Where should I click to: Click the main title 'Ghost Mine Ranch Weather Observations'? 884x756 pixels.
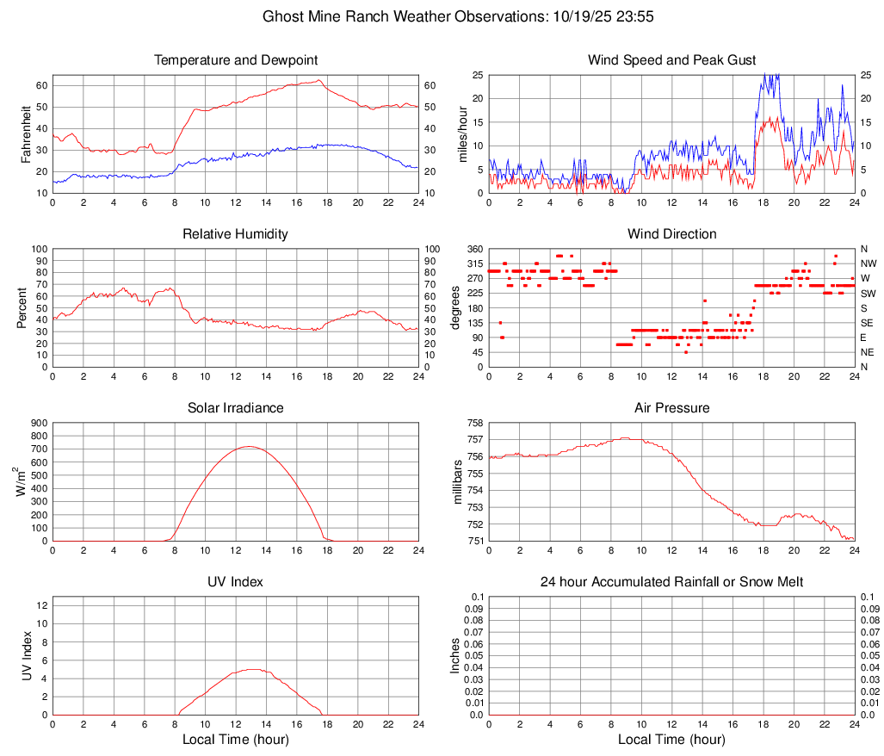[x=442, y=16]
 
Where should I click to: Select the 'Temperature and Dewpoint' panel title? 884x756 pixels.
[x=236, y=60]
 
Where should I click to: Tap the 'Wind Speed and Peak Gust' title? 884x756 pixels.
[x=671, y=60]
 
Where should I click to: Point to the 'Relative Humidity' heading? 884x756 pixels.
[x=236, y=234]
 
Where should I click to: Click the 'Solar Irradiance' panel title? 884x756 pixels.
[x=236, y=408]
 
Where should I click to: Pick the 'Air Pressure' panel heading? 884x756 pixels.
[x=671, y=408]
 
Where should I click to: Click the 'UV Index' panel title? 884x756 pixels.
[x=236, y=582]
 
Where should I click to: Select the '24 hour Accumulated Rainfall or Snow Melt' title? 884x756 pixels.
[x=671, y=582]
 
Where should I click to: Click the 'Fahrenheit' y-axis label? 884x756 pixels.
[x=26, y=133]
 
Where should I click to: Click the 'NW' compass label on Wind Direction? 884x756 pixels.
[x=869, y=263]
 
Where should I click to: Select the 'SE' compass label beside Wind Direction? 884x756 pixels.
[x=867, y=323]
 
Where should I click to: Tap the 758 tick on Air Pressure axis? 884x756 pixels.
[x=473, y=423]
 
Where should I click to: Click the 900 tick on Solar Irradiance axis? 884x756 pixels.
[x=38, y=423]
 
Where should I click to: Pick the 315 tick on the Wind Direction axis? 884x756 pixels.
[x=473, y=263]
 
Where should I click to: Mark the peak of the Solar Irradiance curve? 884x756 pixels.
[x=249, y=446]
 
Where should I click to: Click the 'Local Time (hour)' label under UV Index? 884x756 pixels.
[x=236, y=740]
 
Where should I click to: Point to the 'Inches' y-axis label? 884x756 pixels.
[x=456, y=656]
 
